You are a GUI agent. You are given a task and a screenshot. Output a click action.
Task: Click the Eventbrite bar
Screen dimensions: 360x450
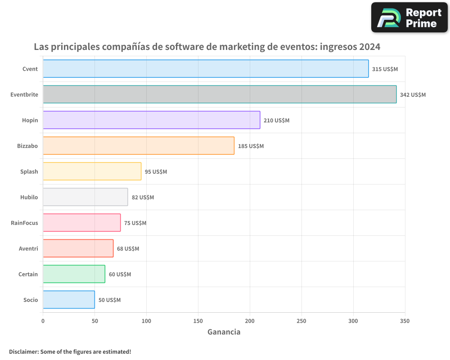click(220, 94)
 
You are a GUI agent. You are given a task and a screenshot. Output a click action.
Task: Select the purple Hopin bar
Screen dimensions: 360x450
click(152, 120)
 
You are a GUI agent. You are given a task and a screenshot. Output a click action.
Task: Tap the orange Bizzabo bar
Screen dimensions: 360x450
click(139, 146)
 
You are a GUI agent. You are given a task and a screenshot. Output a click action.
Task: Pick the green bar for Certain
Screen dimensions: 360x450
click(74, 274)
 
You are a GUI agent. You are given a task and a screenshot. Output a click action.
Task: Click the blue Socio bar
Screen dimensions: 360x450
click(69, 300)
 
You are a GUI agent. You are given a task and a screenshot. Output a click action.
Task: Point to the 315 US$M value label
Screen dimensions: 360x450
click(385, 69)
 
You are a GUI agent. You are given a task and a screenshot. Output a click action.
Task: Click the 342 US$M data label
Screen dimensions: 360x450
click(413, 95)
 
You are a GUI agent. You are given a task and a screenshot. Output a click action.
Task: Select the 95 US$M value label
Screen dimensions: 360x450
click(156, 172)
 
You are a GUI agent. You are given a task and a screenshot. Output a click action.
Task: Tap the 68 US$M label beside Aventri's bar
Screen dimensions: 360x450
click(128, 249)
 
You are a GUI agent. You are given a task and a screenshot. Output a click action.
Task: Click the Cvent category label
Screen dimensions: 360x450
click(30, 69)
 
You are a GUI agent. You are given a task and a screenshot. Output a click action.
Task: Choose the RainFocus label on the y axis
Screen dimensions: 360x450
click(24, 223)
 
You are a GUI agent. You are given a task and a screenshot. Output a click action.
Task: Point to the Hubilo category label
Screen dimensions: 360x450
click(29, 197)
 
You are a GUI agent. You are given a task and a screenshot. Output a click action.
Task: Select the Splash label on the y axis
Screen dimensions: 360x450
click(29, 171)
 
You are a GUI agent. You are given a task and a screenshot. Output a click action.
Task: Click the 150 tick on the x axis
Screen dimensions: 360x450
click(198, 321)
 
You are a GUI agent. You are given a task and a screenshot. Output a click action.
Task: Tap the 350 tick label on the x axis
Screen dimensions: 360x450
click(405, 321)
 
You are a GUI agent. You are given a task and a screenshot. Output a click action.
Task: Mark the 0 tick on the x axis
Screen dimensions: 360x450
click(43, 321)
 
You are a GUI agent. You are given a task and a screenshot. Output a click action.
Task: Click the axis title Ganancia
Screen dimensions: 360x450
click(224, 332)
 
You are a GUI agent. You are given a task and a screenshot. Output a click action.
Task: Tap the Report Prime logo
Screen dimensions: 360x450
click(409, 18)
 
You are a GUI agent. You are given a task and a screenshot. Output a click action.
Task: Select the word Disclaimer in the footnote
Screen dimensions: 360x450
click(23, 351)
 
